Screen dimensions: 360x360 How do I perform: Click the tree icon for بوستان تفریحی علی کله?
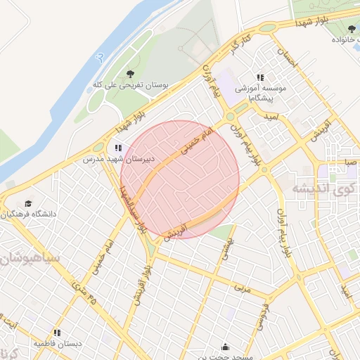pyautogui.click(x=130, y=74)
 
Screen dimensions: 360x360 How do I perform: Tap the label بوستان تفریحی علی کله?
pyautogui.click(x=131, y=84)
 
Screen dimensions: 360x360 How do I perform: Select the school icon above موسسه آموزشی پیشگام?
pyautogui.click(x=260, y=78)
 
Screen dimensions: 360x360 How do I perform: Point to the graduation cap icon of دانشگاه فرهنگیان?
pyautogui.click(x=29, y=202)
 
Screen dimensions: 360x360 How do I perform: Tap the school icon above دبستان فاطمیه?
pyautogui.click(x=57, y=333)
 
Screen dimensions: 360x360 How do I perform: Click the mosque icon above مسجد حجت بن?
pyautogui.click(x=225, y=347)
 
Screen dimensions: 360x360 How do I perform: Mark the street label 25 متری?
pyautogui.click(x=82, y=289)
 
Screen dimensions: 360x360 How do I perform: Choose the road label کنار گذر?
pyautogui.click(x=241, y=41)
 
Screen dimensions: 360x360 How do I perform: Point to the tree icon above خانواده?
pyautogui.click(x=352, y=29)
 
